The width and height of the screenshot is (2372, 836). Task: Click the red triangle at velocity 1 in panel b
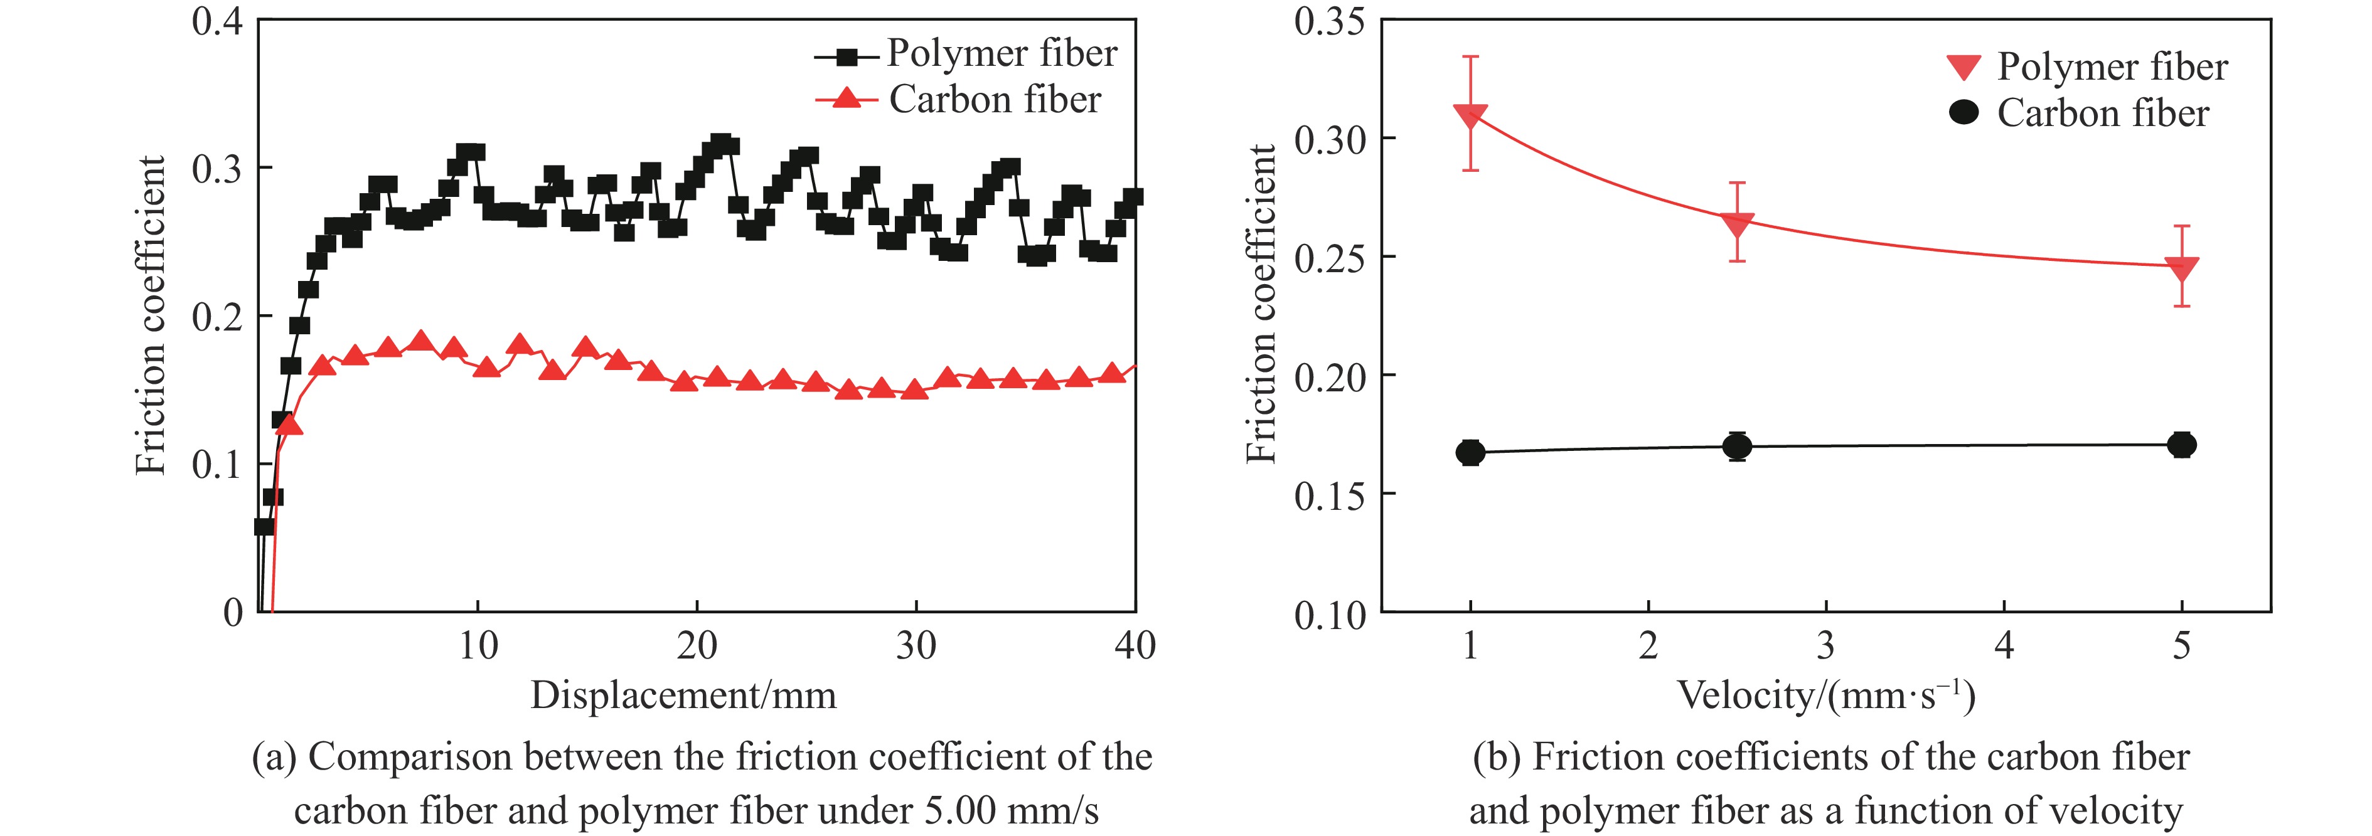click(1470, 116)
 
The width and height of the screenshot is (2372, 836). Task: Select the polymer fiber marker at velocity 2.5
click(1737, 224)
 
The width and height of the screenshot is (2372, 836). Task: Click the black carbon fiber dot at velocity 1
click(1470, 452)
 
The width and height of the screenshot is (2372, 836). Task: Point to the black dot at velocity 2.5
click(1737, 447)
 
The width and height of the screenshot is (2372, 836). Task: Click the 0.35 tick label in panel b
click(1328, 20)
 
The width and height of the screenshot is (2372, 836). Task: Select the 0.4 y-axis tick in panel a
click(216, 20)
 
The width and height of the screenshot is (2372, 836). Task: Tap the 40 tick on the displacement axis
click(1135, 647)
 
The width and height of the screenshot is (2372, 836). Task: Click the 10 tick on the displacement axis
click(478, 647)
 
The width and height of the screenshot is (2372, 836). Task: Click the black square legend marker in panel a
click(847, 56)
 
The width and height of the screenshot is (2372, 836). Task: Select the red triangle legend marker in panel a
click(847, 98)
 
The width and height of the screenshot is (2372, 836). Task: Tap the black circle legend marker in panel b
click(1964, 114)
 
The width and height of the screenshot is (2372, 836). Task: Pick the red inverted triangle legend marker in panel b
click(1964, 67)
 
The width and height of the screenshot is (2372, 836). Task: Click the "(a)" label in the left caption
click(274, 758)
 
